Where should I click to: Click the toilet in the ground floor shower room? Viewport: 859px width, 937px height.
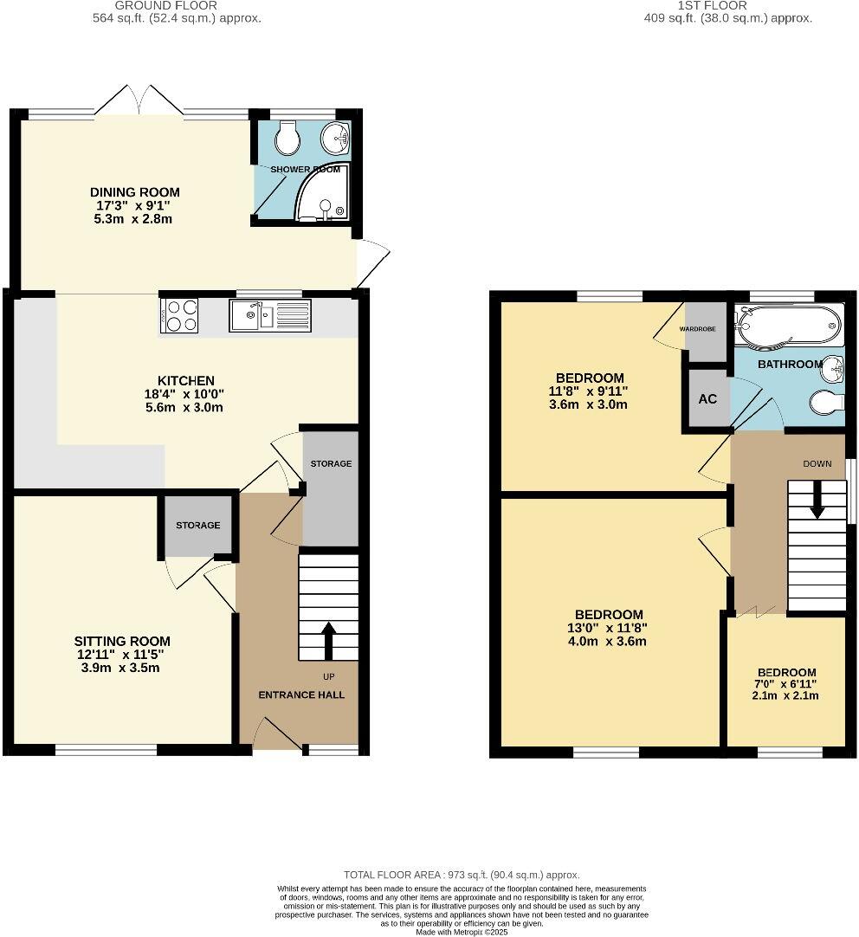pyautogui.click(x=285, y=136)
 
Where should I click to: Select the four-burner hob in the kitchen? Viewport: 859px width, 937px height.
pyautogui.click(x=179, y=315)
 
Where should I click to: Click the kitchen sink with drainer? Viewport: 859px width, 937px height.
pyautogui.click(x=268, y=316)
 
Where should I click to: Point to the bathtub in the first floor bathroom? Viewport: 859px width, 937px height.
pyautogui.click(x=786, y=326)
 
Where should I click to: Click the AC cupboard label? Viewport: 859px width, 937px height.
pyautogui.click(x=707, y=399)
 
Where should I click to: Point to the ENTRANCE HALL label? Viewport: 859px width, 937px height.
pyautogui.click(x=301, y=695)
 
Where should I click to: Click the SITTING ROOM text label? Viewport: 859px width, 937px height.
pyautogui.click(x=122, y=642)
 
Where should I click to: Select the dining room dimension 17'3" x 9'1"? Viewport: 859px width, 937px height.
pyautogui.click(x=135, y=206)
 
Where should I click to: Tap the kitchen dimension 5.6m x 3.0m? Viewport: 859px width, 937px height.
pyautogui.click(x=185, y=407)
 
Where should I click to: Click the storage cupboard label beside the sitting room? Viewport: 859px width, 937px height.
pyautogui.click(x=198, y=526)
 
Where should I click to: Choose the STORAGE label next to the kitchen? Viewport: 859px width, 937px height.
pyautogui.click(x=331, y=464)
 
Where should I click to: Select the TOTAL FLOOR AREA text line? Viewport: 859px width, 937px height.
pyautogui.click(x=462, y=876)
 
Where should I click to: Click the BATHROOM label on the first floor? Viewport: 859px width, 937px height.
pyautogui.click(x=790, y=365)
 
